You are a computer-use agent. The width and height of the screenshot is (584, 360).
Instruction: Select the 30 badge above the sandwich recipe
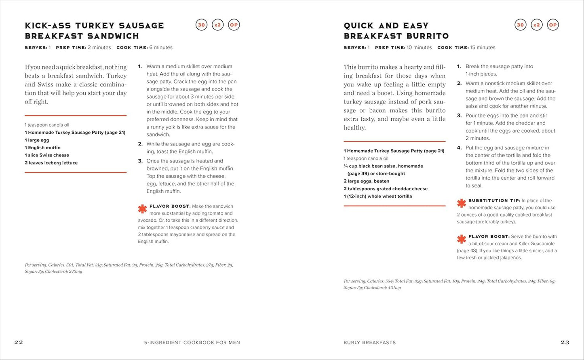coord(201,25)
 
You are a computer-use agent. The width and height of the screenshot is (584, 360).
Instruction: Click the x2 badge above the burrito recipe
coord(536,25)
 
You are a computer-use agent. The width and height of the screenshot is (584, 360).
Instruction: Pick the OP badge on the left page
coord(234,25)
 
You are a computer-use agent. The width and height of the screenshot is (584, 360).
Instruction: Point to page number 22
coord(19,342)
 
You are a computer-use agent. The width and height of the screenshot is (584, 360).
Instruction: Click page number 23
coord(565,342)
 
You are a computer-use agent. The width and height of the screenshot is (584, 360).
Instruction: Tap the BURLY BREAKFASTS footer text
coord(369,343)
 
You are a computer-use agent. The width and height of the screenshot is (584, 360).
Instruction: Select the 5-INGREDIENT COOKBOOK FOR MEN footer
coord(192,343)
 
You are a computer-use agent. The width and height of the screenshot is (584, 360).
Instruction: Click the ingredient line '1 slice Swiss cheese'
coord(47,155)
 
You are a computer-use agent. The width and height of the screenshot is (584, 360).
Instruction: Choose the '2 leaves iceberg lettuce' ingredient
coord(51,163)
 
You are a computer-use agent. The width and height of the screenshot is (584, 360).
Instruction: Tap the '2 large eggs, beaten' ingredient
coord(366,181)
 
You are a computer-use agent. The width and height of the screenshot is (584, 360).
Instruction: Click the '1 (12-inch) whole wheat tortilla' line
coord(378,196)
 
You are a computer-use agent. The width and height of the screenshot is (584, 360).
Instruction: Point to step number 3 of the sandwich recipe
coord(140,161)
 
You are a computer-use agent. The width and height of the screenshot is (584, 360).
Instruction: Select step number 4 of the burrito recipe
coord(459,148)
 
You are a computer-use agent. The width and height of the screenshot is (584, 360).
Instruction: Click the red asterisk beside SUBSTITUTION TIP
coord(461,203)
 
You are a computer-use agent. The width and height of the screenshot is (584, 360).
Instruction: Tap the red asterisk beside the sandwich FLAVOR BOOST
coord(142,209)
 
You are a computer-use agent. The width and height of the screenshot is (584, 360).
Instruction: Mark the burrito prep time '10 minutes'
coord(419,48)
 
